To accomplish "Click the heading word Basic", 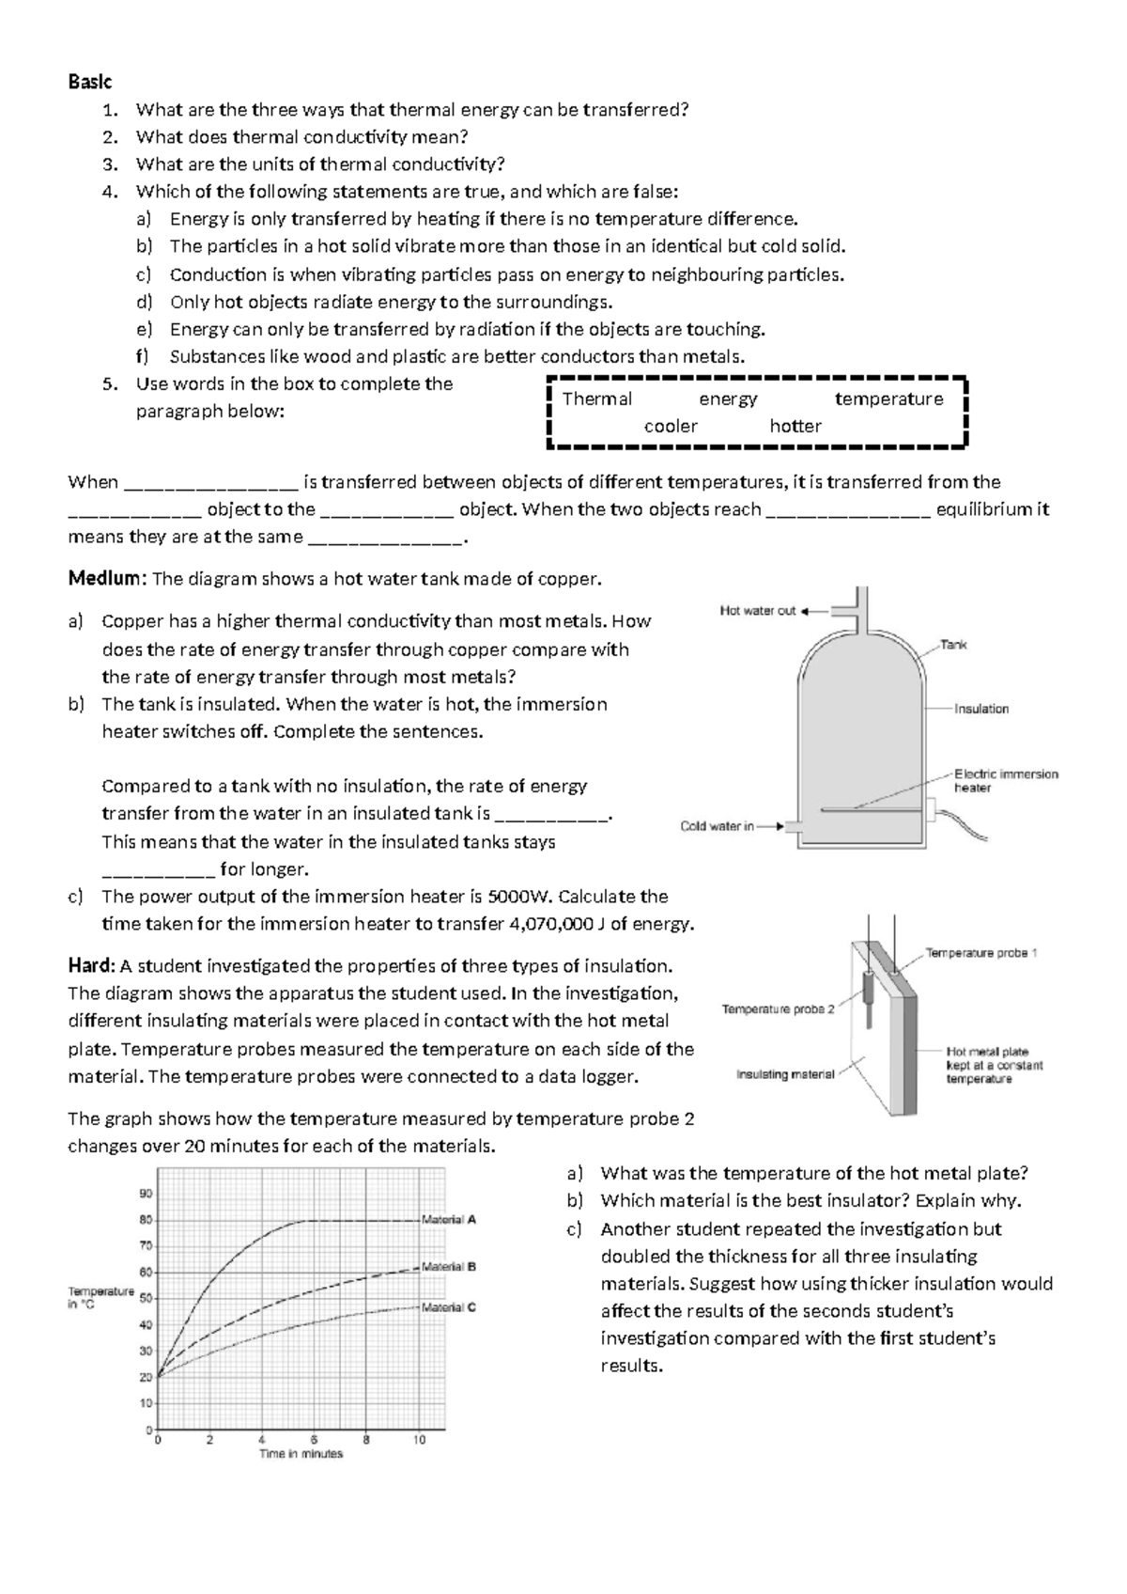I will (x=89, y=82).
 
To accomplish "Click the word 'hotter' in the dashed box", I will (x=795, y=426).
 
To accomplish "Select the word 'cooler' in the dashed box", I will (x=671, y=426).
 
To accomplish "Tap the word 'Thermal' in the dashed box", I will (x=596, y=398).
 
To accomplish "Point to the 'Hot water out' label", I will (x=757, y=611).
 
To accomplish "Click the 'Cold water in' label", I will (x=717, y=827).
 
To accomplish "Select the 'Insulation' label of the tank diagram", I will (x=981, y=709).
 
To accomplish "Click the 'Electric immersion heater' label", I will (x=1005, y=781).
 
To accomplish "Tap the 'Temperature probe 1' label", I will (x=981, y=953).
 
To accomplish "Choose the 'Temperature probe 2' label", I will (x=778, y=1009).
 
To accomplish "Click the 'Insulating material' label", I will (x=785, y=1074).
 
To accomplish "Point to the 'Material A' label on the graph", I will (x=449, y=1219).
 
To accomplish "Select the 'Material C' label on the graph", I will (x=449, y=1306).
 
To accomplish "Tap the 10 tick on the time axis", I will (x=419, y=1440).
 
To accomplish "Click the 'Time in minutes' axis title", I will (x=301, y=1454).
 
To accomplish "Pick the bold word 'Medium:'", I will (x=106, y=579).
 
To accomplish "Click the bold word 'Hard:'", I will (x=91, y=966).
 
